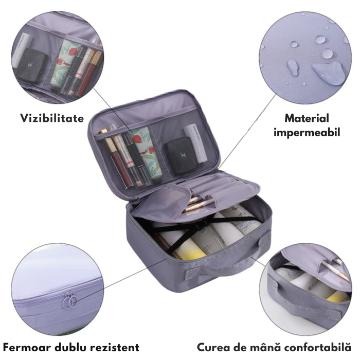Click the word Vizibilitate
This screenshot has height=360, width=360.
click(52, 118)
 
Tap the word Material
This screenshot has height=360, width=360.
click(307, 118)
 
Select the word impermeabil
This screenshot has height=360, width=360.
click(307, 133)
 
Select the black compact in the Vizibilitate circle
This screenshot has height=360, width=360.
click(32, 66)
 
